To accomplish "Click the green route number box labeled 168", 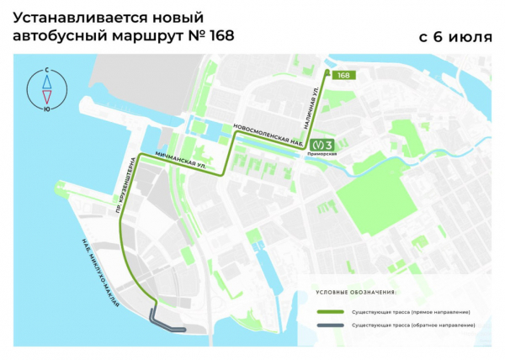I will [x=343, y=76].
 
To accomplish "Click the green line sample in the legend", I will [x=329, y=311].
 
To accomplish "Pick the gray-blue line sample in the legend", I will [x=329, y=323].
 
